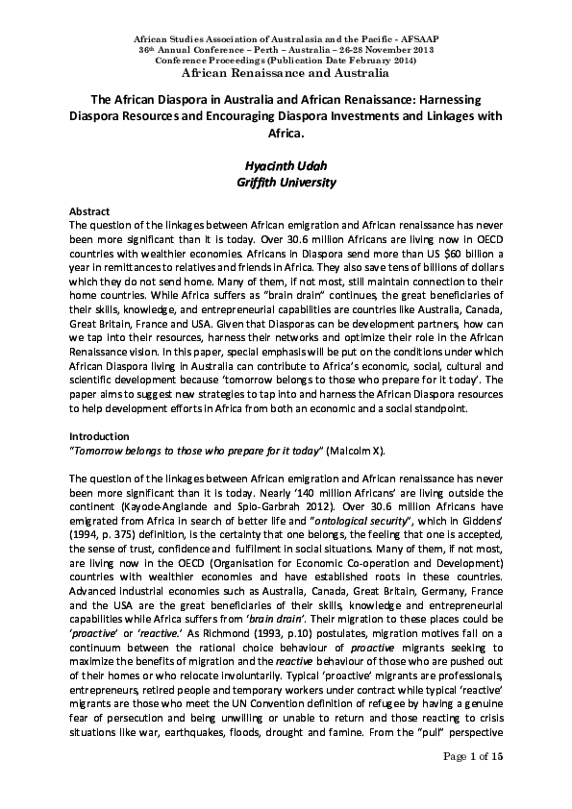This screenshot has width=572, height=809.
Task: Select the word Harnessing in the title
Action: (453, 99)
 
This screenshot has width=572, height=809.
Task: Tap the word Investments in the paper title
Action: (364, 116)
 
